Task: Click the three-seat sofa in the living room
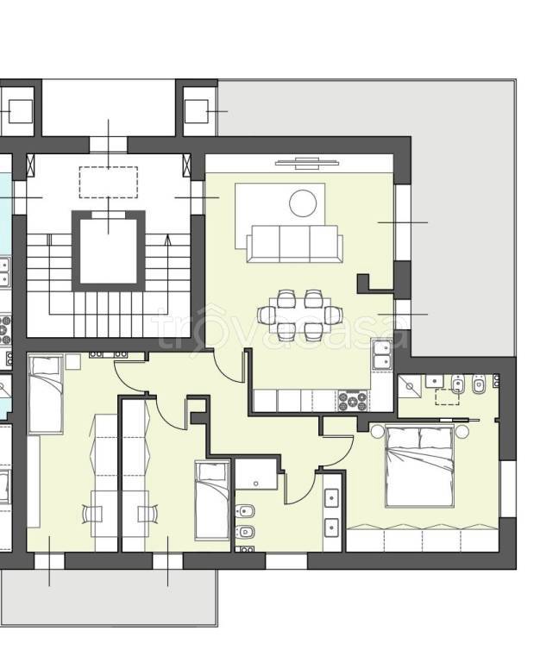[x=294, y=244]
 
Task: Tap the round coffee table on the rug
[x=303, y=203]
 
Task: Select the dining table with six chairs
[x=300, y=315]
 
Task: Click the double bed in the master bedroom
[x=419, y=466]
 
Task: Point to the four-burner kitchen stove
[x=353, y=401]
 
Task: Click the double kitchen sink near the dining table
[x=382, y=354]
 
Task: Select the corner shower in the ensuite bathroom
[x=410, y=386]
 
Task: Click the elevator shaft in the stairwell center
[x=109, y=251]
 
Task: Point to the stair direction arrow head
[x=167, y=240]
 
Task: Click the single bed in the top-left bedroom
[x=46, y=394]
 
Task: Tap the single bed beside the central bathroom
[x=212, y=501]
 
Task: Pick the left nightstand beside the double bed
[x=377, y=432]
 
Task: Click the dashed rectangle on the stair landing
[x=109, y=183]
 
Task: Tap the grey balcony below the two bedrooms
[x=110, y=597]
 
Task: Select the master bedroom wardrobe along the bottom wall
[x=423, y=538]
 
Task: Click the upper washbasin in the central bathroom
[x=331, y=498]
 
